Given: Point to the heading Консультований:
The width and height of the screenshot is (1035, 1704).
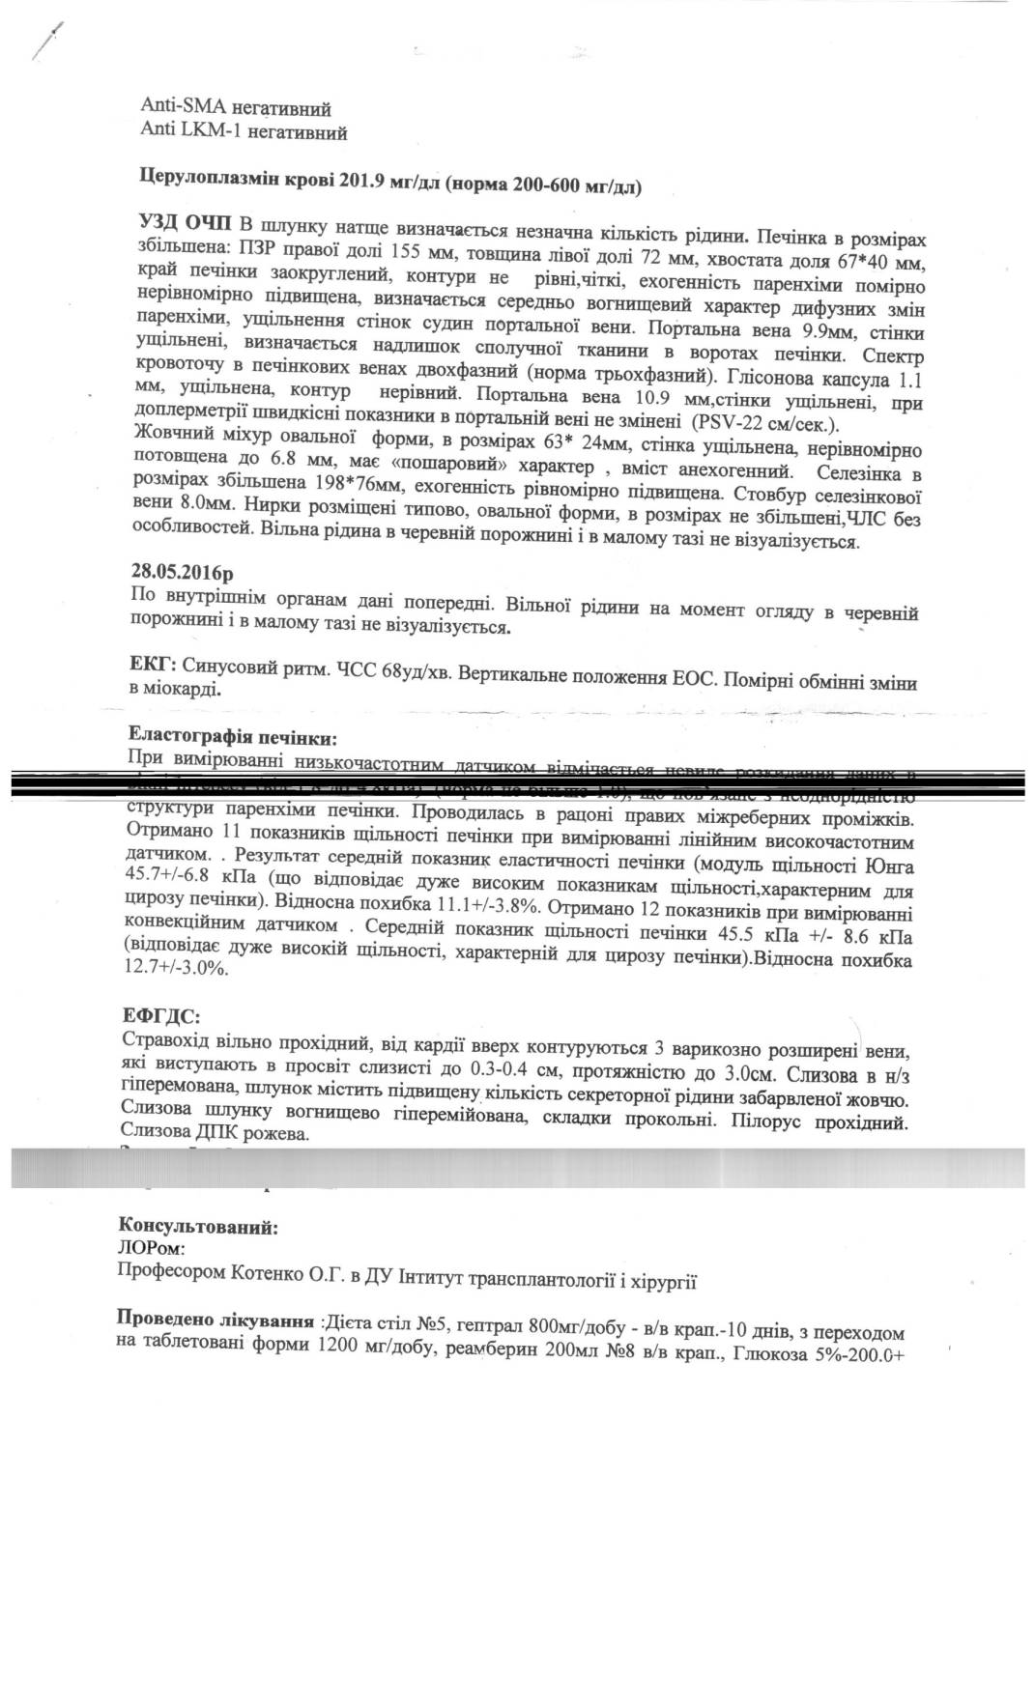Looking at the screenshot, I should pos(197,1228).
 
